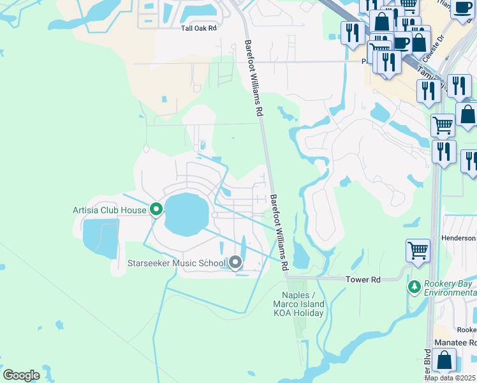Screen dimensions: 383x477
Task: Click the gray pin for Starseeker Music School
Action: click(235, 262)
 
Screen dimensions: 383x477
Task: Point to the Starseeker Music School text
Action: click(177, 263)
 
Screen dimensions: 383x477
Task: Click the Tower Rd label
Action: click(362, 280)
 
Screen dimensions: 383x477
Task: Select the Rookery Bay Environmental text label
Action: click(450, 288)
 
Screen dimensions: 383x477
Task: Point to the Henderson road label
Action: click(458, 238)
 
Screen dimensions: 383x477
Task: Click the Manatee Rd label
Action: click(455, 342)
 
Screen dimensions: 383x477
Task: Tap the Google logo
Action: click(21, 375)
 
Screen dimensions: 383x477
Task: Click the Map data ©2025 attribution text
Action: click(450, 378)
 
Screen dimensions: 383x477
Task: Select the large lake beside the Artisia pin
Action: click(187, 214)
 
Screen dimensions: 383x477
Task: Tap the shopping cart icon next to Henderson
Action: click(418, 250)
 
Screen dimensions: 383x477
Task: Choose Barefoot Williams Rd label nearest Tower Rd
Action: click(279, 231)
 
